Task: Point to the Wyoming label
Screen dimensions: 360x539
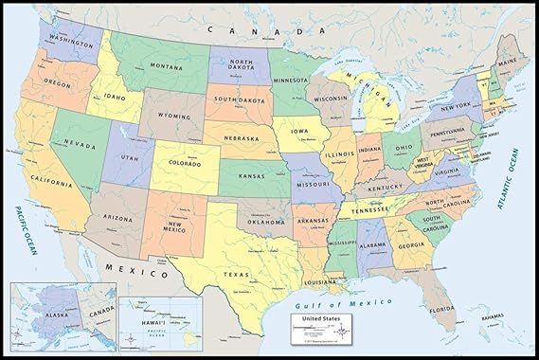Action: [173, 117]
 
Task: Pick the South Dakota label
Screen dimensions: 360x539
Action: [237, 99]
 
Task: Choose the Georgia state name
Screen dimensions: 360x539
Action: [410, 245]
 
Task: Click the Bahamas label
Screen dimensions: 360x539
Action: [491, 317]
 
